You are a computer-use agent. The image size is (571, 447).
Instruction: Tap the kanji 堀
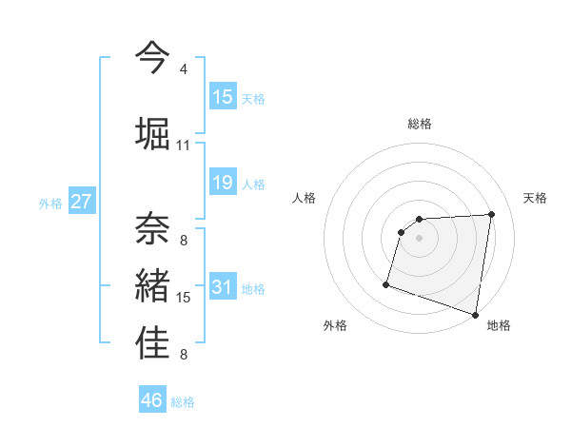click(x=152, y=132)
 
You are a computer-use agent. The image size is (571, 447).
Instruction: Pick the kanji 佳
click(x=152, y=342)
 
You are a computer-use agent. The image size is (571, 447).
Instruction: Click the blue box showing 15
click(x=223, y=97)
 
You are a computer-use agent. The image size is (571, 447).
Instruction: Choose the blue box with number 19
click(x=223, y=183)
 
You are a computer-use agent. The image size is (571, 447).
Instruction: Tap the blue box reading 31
click(x=223, y=287)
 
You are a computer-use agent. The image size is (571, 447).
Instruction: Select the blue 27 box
click(x=82, y=202)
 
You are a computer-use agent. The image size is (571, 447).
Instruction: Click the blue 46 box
click(x=152, y=400)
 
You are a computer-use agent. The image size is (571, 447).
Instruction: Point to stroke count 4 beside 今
click(x=183, y=69)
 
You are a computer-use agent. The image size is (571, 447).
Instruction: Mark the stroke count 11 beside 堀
click(x=183, y=146)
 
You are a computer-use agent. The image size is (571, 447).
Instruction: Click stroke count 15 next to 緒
click(x=184, y=298)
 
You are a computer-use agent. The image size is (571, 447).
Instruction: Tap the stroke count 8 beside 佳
click(x=183, y=356)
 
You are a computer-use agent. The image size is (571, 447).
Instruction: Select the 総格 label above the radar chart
click(x=420, y=124)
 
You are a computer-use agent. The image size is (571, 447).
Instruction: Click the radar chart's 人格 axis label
click(x=304, y=198)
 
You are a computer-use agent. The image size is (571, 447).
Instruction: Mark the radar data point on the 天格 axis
click(x=491, y=214)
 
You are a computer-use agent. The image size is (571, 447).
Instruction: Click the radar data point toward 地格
click(x=475, y=314)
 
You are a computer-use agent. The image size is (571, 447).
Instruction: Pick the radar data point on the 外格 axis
click(x=386, y=283)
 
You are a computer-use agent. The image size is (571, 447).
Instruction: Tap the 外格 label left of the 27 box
click(x=49, y=203)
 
